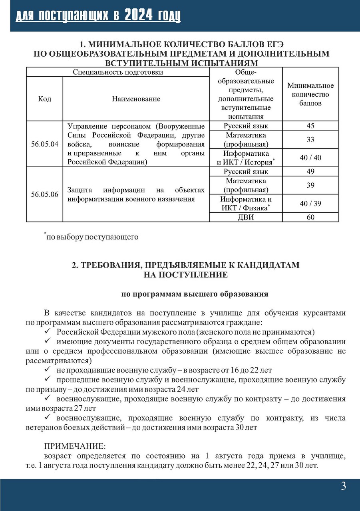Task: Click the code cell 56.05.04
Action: pyautogui.click(x=44, y=144)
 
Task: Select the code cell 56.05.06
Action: pyautogui.click(x=44, y=194)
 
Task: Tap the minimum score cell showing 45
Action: pyautogui.click(x=310, y=126)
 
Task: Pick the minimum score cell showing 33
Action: pyautogui.click(x=310, y=140)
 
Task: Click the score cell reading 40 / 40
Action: pyautogui.click(x=310, y=158)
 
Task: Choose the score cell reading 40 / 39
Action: pyautogui.click(x=310, y=204)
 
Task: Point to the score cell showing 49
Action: pyautogui.click(x=310, y=172)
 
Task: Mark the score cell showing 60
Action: pyautogui.click(x=310, y=217)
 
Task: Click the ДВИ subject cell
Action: pyautogui.click(x=246, y=217)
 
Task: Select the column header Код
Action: pyautogui.click(x=44, y=99)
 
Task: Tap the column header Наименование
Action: pyautogui.click(x=136, y=99)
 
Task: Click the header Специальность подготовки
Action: pyautogui.click(x=118, y=72)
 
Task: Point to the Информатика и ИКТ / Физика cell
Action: pyautogui.click(x=246, y=204)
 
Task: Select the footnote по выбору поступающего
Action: pyautogui.click(x=92, y=237)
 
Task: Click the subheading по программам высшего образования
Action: pyautogui.click(x=195, y=294)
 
